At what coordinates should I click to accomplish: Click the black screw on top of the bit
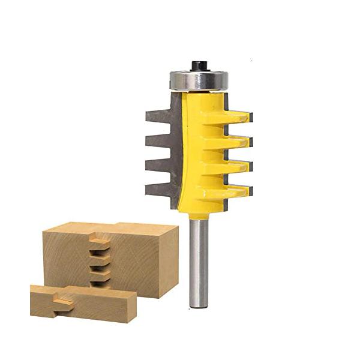[x=197, y=65]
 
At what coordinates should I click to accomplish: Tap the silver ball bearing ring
[x=197, y=80]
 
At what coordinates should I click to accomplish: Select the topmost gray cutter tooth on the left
[x=159, y=116]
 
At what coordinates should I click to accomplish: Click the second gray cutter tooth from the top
[x=159, y=142]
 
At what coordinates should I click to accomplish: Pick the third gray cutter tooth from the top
[x=159, y=166]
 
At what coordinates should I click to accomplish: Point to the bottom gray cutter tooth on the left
[x=159, y=190]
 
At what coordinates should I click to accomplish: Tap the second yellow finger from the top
[x=237, y=142]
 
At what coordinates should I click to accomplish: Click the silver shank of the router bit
[x=199, y=258]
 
